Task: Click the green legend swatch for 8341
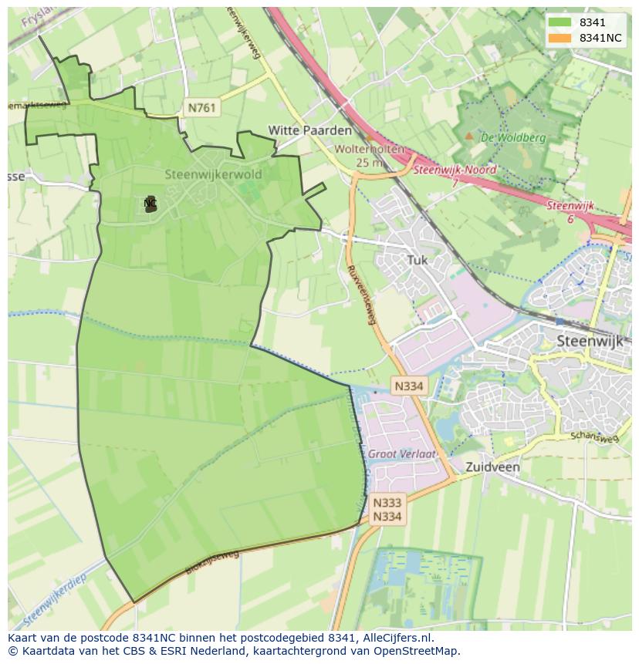560,23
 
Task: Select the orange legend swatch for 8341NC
560,38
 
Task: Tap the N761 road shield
202,108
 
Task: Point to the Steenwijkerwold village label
213,174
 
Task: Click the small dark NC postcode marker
150,204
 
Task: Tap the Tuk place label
417,261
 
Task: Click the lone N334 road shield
407,386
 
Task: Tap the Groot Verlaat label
401,454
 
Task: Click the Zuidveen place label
492,467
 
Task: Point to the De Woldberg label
513,138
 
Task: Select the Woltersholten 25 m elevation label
368,156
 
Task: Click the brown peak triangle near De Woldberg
468,137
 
